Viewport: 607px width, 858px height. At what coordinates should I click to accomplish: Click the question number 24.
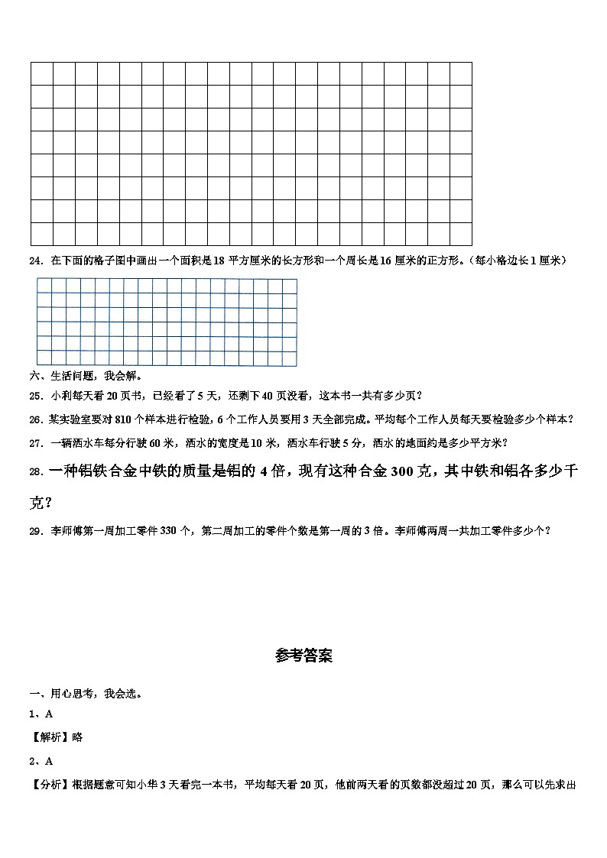pos(34,261)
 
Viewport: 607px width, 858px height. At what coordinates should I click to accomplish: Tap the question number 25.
pos(34,396)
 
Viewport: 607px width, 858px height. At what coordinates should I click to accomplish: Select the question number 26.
pos(34,419)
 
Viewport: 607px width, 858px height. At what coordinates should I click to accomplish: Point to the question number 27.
pos(34,442)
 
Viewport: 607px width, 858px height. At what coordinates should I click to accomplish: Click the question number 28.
pos(36,472)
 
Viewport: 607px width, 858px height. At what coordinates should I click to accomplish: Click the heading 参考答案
pos(303,656)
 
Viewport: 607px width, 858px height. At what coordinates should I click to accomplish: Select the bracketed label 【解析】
pos(48,737)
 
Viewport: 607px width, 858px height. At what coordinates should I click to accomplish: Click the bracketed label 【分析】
pos(48,785)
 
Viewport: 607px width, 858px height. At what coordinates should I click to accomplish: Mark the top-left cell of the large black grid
pos(41,73)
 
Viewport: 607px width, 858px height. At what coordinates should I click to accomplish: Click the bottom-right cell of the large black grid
pos(461,234)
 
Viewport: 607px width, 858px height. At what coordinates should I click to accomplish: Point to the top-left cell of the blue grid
pos(44,285)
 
